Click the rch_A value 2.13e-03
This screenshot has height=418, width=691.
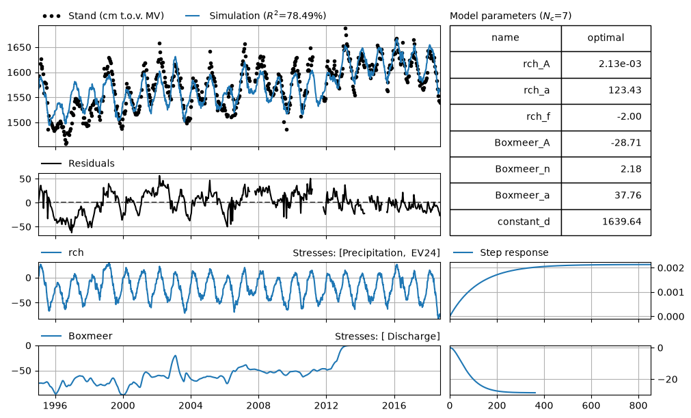coord(620,64)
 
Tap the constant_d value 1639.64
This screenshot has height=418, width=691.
coord(621,222)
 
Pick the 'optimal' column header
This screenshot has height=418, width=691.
coord(606,38)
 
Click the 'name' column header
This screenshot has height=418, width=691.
coord(505,38)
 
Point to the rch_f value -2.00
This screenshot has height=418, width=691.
coord(629,117)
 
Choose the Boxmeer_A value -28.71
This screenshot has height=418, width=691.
coord(626,143)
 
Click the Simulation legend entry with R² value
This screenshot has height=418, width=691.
coord(256,16)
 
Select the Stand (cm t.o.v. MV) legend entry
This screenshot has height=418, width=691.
coord(103,16)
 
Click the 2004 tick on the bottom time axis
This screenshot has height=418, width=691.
coord(191,405)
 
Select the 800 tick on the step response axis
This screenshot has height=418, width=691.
coord(638,405)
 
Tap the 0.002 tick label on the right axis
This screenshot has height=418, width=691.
coord(670,268)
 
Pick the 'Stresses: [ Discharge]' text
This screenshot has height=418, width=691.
coord(388,337)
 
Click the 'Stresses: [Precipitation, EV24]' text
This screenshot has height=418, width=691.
coord(366,253)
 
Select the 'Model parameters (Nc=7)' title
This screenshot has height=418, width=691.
coord(511,16)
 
